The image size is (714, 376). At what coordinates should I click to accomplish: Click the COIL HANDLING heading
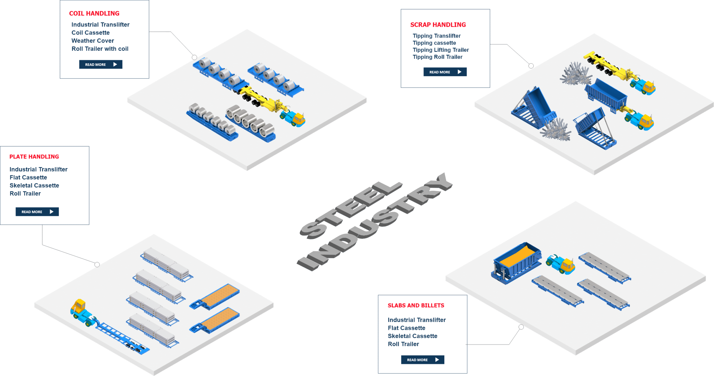94,13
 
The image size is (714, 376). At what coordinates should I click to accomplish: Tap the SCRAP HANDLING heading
438,25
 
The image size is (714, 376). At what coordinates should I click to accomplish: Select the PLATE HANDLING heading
34,157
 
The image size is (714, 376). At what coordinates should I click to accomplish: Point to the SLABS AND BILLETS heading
416,305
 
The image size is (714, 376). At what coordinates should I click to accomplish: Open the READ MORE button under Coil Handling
100,64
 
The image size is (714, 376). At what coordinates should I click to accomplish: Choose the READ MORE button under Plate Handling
37,212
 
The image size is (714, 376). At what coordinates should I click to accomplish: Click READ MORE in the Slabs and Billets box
422,360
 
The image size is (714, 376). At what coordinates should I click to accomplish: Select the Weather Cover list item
93,41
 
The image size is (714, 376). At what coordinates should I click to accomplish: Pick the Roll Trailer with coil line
100,49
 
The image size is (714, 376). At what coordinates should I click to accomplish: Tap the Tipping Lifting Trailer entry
441,50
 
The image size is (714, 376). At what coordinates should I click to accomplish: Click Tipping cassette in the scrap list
434,43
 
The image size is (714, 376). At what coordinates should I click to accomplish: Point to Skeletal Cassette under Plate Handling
34,185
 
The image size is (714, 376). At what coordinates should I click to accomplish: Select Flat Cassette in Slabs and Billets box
406,328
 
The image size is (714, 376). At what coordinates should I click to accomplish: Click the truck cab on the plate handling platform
79,307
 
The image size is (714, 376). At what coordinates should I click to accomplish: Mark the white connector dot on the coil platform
194,57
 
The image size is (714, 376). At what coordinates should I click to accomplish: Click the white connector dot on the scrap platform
531,66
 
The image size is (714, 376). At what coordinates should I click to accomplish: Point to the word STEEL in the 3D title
351,209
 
